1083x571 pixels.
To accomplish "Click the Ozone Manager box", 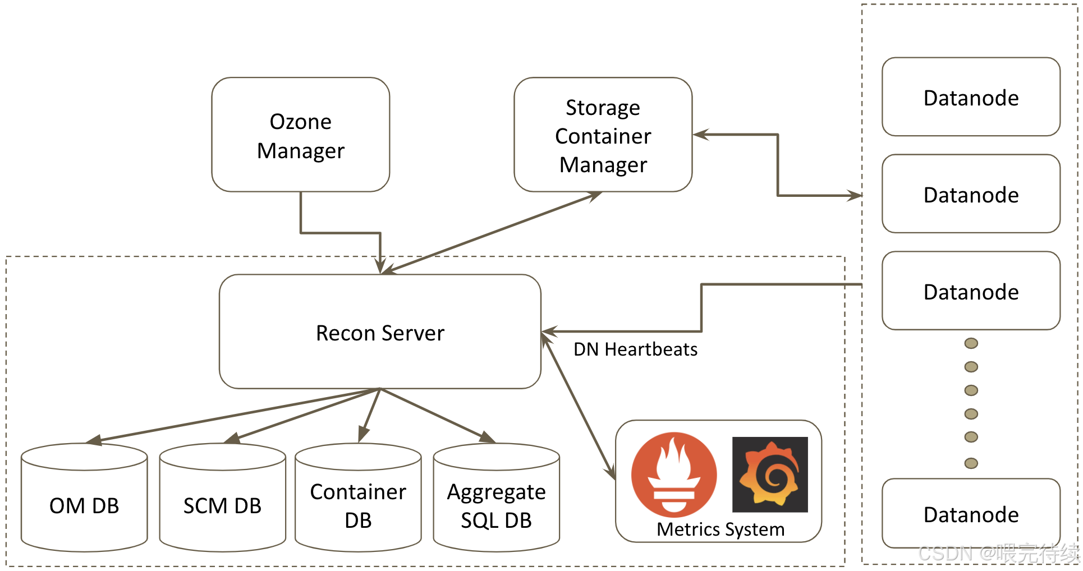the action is click(x=301, y=135).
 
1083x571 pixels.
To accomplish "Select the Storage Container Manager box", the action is click(x=603, y=135).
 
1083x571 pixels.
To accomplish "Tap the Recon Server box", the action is click(x=380, y=331).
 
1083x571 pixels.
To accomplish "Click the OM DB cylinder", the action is click(x=84, y=498).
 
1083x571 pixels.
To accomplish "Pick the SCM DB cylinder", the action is click(x=223, y=498).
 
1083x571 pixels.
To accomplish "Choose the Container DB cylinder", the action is click(x=358, y=498).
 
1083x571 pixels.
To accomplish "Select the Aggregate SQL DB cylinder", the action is click(x=497, y=498).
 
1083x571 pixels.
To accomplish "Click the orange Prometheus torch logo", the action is click(x=674, y=475).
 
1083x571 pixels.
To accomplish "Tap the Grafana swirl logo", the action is click(x=770, y=475).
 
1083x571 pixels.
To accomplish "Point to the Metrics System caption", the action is click(x=721, y=529).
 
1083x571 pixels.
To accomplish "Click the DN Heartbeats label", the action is click(x=635, y=349).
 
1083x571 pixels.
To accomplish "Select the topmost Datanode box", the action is click(x=971, y=96).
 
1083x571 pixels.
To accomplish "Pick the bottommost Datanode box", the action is click(x=971, y=513).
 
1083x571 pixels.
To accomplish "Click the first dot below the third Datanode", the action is click(x=971, y=343).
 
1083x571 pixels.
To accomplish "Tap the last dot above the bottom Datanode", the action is click(x=971, y=463).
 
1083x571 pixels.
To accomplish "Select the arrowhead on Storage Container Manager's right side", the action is click(x=701, y=135).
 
